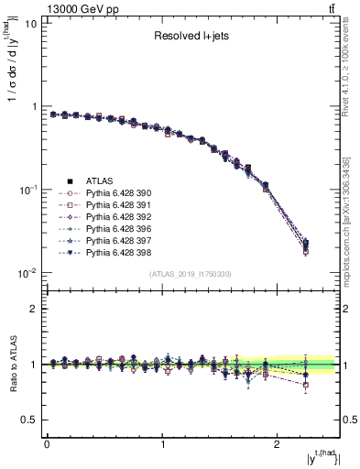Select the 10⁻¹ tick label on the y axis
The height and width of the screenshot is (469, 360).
click(x=26, y=190)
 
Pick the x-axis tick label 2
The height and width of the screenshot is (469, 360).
click(x=278, y=443)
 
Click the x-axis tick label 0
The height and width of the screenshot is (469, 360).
click(x=47, y=443)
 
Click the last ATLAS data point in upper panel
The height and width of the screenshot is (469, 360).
click(x=306, y=244)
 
